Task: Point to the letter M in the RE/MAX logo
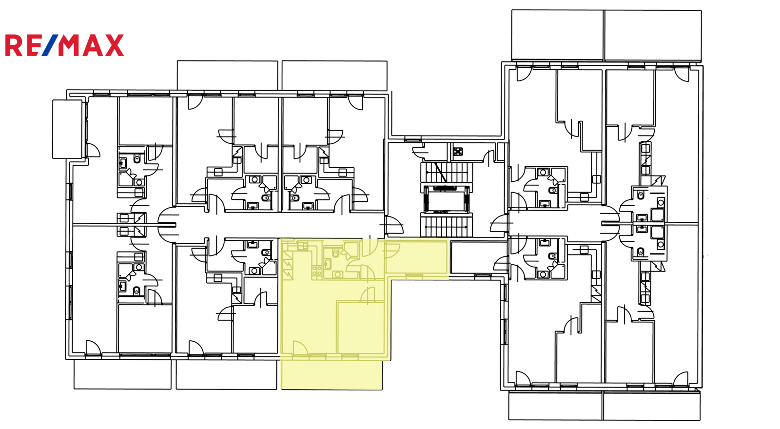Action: point(70,45)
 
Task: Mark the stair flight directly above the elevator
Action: point(447,172)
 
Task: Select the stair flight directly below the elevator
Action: point(447,226)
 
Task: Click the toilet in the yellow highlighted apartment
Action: point(336,252)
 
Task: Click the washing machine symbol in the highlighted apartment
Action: point(337,275)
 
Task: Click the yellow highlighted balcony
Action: point(332,375)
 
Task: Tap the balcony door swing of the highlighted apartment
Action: point(300,348)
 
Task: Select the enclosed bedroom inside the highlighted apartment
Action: point(361,327)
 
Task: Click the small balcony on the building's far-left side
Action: point(67,129)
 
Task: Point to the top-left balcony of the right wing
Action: point(557,35)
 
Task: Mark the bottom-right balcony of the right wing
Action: point(651,406)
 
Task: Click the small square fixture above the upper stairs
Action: point(458,152)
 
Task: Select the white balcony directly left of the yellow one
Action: point(227,374)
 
